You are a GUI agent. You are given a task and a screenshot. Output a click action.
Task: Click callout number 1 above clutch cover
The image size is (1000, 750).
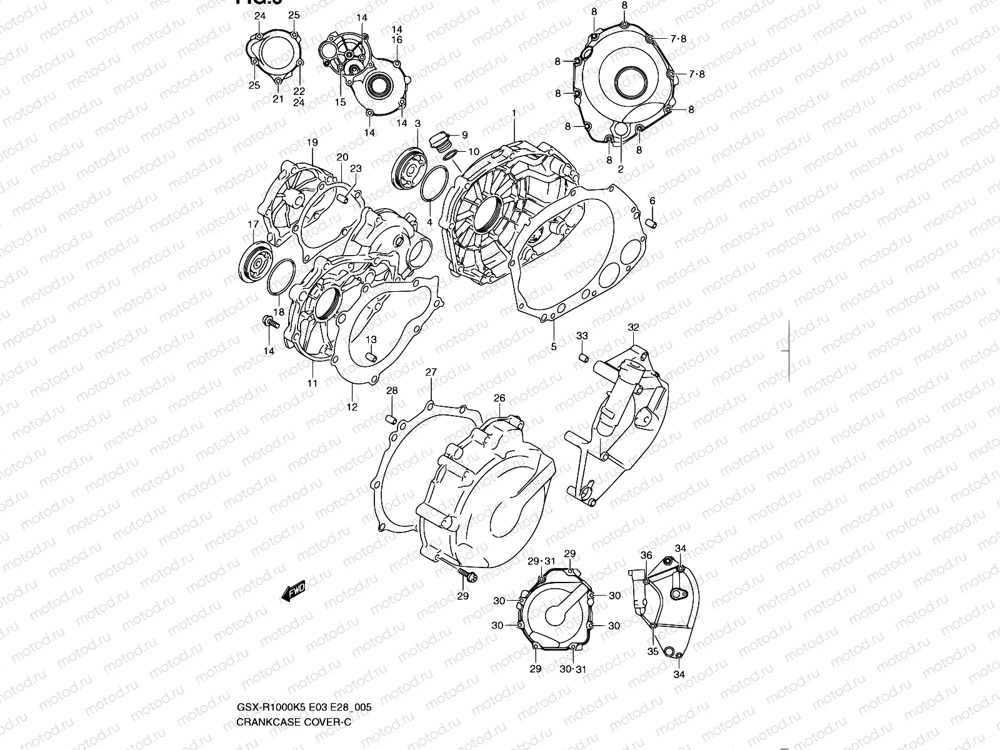514,113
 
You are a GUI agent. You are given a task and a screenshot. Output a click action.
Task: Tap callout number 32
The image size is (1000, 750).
633,327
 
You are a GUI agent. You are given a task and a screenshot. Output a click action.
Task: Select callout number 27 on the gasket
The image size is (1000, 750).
431,373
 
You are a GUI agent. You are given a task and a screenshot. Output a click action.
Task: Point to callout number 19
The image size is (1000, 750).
312,143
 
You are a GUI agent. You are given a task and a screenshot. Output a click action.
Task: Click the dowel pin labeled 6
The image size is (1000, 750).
651,223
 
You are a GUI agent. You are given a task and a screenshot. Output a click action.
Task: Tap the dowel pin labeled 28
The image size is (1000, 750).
391,418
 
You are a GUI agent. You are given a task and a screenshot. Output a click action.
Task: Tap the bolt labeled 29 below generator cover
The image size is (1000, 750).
466,576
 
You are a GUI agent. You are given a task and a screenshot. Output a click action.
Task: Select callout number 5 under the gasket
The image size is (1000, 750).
553,346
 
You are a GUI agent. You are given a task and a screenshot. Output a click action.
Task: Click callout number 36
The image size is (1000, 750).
646,555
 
